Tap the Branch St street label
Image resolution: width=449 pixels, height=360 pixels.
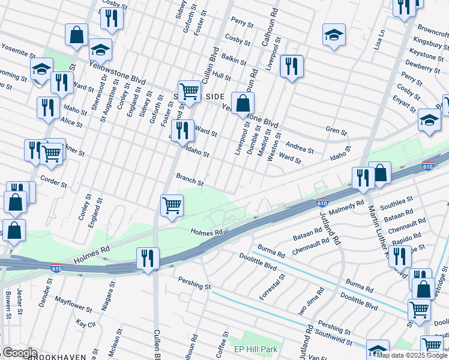[x=190, y=179]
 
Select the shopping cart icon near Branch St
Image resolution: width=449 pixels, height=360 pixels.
[x=172, y=205]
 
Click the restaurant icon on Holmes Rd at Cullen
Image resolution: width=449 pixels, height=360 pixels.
[x=148, y=259]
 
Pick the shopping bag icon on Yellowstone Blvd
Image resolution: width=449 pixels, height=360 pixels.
[x=242, y=103]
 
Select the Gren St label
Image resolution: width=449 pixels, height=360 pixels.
[x=336, y=131]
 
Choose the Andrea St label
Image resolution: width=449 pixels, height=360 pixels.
[x=300, y=148]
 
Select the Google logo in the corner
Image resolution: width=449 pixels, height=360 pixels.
[x=19, y=353]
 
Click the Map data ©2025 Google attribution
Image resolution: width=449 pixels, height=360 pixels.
[x=412, y=355]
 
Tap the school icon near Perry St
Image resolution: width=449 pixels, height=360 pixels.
[x=334, y=34]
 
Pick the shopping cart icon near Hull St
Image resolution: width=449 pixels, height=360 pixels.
[x=189, y=91]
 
